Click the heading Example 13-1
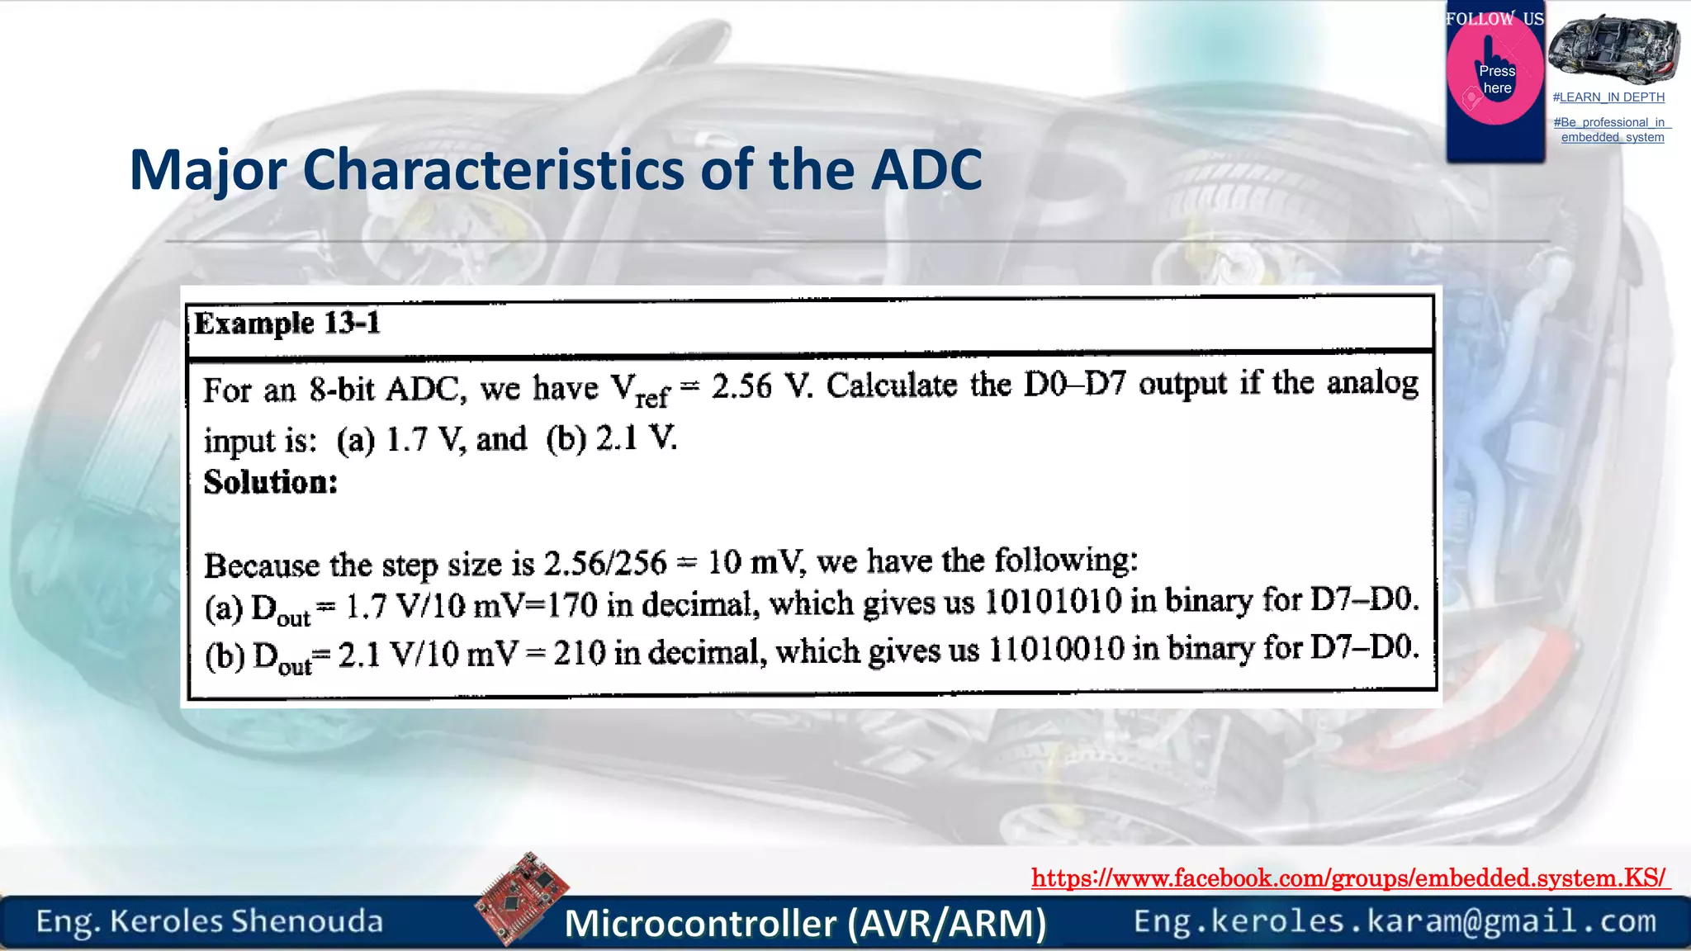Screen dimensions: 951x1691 (287, 324)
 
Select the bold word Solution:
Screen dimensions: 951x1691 (271, 482)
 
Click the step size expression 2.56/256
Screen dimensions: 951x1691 (604, 564)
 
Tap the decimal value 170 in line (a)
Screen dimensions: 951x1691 (572, 605)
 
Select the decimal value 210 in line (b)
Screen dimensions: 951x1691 (580, 653)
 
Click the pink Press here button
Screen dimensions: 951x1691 (1495, 79)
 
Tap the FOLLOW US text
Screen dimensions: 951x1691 (1494, 18)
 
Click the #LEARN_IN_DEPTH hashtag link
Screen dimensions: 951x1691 (1608, 97)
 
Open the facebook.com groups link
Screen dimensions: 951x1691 (1349, 878)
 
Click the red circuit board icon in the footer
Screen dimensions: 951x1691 (522, 897)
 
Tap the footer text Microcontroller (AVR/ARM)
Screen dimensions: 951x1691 (805, 923)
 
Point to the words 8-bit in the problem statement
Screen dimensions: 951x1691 (342, 389)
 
